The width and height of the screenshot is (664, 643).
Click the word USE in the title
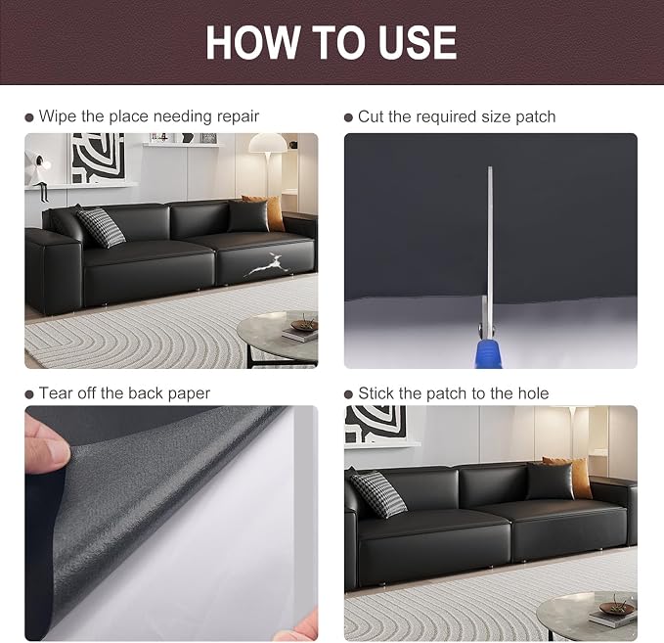(418, 42)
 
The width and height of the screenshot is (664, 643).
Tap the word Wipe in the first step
(58, 116)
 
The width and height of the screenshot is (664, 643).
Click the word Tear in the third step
(56, 392)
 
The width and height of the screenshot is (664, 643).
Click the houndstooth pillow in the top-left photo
(101, 227)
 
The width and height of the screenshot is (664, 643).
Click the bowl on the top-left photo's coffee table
(303, 325)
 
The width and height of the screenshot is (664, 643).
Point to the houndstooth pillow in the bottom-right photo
(378, 494)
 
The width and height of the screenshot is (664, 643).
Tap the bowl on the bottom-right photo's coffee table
(617, 609)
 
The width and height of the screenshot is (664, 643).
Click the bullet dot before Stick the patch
(348, 394)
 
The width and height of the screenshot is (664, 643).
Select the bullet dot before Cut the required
(348, 117)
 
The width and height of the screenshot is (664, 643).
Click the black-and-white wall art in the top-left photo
(98, 158)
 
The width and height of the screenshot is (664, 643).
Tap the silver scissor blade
(490, 238)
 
